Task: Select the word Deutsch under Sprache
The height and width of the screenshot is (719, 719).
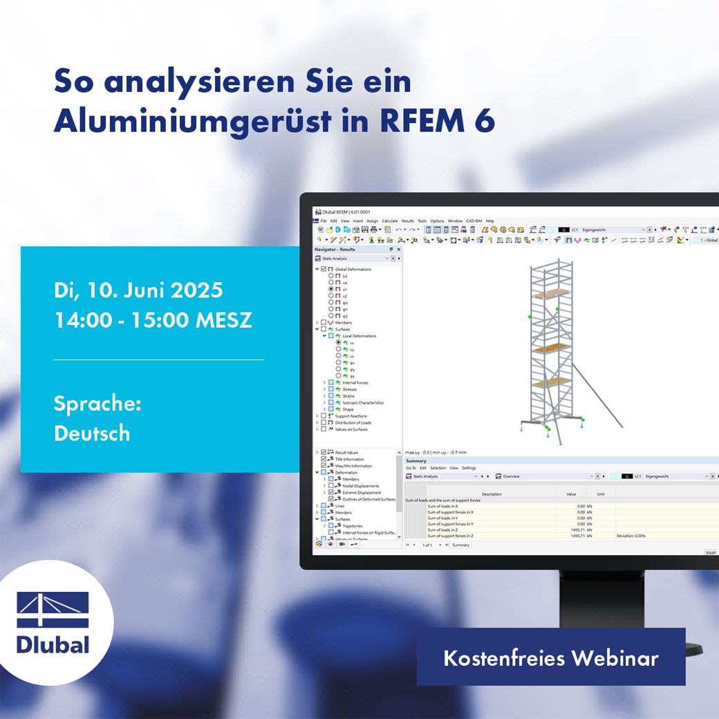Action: [91, 433]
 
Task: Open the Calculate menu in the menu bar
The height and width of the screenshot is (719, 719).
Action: [390, 221]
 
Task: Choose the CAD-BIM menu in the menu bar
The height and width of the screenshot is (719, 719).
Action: [474, 221]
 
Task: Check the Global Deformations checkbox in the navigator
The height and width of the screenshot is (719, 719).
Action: [324, 269]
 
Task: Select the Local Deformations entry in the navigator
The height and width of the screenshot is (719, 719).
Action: [359, 336]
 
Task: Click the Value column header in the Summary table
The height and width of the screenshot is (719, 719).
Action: [571, 494]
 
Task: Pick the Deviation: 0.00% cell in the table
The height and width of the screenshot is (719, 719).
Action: [631, 536]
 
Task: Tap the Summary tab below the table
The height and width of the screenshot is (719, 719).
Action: [460, 545]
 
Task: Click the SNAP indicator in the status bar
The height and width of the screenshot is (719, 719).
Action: [710, 553]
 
